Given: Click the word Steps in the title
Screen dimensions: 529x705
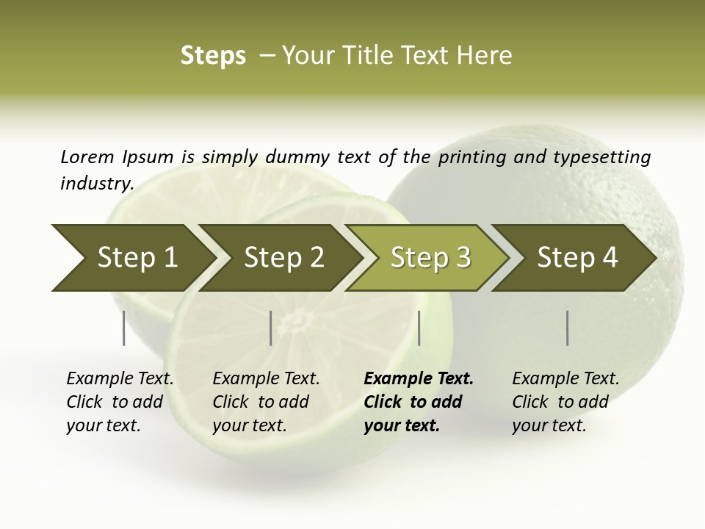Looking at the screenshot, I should point(213,56).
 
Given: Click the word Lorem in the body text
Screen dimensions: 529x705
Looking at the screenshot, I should point(87,156).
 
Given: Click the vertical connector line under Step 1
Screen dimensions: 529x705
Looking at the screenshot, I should point(124,328).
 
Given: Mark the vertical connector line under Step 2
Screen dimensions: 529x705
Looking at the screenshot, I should point(271,328).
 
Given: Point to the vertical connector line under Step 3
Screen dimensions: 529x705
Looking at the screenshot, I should point(419,328).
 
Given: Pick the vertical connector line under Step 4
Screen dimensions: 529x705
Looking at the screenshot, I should point(568,328).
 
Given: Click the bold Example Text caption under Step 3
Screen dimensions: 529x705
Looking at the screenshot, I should point(419,402).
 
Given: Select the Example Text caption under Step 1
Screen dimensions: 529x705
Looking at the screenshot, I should point(120,402).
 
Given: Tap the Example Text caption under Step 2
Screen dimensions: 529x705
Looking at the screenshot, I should point(266,402).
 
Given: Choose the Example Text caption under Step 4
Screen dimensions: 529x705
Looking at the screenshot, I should point(565,402).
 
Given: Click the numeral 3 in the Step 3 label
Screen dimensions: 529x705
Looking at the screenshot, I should point(462,258).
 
